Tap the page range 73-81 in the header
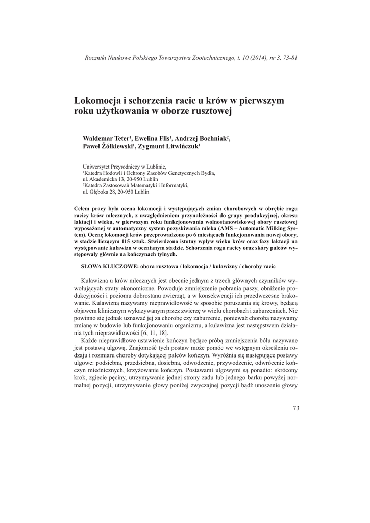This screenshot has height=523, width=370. click(287, 57)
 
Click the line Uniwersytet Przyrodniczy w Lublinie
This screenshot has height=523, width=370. click(125, 167)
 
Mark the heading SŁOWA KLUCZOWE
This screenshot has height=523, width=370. click(110, 266)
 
